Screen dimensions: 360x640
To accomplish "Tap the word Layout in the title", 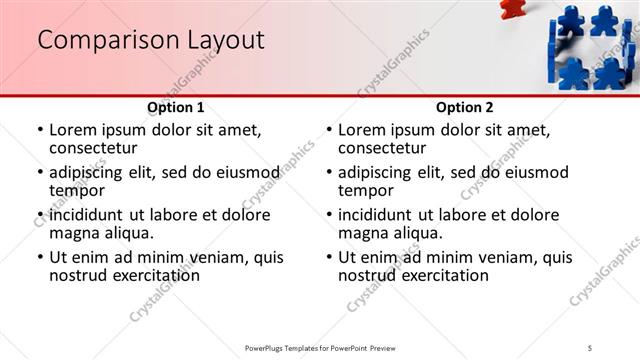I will tap(226, 40).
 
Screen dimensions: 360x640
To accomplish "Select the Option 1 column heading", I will tap(176, 107).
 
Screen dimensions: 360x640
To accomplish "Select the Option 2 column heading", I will tap(465, 107).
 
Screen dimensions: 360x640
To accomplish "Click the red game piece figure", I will tap(511, 8).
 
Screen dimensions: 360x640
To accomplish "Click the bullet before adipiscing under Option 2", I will tap(329, 172).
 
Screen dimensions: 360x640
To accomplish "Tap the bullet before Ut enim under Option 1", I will tap(40, 257).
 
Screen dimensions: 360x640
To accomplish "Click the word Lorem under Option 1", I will tap(75, 130).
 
